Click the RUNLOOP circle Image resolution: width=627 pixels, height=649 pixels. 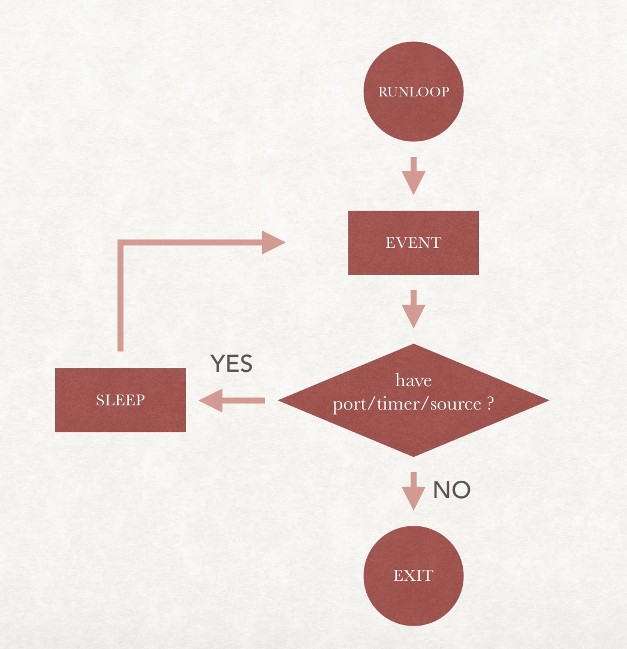[x=414, y=92]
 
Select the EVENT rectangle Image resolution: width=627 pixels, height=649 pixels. [x=414, y=242]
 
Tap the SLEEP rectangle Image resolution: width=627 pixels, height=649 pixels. [x=120, y=400]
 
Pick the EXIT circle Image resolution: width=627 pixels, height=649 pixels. [x=414, y=576]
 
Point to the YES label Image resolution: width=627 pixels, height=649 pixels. [x=231, y=364]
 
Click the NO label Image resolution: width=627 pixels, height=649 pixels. [x=452, y=490]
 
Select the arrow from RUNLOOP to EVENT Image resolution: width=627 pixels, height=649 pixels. [x=414, y=175]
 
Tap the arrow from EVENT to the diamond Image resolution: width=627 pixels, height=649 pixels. [x=414, y=308]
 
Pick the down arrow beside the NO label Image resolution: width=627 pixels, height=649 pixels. [x=414, y=490]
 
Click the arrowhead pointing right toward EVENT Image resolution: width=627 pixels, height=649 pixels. [x=273, y=242]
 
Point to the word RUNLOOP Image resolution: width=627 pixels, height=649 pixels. [x=414, y=92]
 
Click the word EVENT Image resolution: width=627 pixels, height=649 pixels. [x=414, y=242]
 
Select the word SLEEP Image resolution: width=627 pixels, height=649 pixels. [x=120, y=400]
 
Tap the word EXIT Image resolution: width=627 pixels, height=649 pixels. [x=414, y=576]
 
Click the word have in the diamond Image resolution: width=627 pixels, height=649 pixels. [x=414, y=381]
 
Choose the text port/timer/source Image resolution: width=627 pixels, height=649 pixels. [x=407, y=404]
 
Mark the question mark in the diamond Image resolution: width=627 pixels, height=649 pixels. [x=490, y=404]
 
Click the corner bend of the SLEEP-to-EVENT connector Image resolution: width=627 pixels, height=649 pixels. [x=121, y=243]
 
